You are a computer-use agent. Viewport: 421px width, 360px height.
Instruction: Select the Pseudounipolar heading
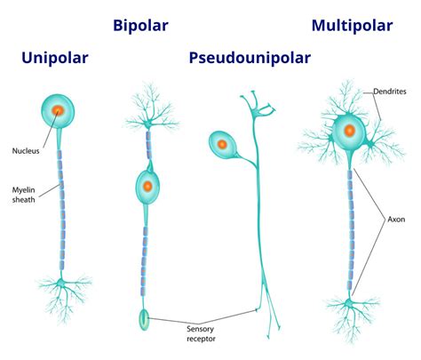tap(250, 59)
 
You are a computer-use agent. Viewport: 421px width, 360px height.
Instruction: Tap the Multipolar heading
tap(353, 24)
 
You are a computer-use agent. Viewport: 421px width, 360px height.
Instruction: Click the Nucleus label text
tap(26, 151)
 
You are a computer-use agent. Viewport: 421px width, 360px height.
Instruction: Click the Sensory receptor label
tap(201, 333)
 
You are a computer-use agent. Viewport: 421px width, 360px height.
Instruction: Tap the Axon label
tap(396, 218)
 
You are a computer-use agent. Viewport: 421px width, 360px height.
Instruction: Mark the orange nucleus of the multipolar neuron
tap(349, 131)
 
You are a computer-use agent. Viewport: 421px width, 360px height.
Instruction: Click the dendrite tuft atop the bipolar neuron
tap(146, 105)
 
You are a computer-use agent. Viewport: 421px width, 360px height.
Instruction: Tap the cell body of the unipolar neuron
tap(58, 113)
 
